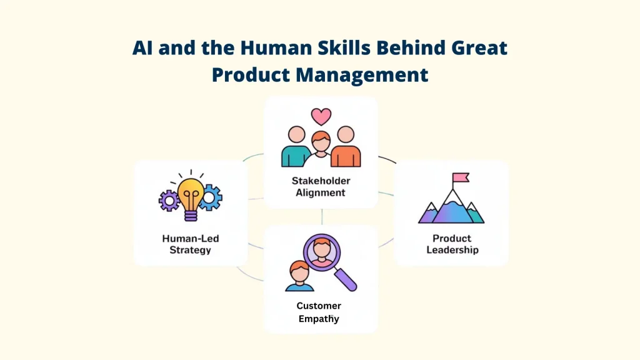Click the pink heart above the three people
point(321,116)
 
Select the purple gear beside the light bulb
point(169,201)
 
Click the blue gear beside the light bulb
point(211,197)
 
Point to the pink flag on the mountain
point(461,178)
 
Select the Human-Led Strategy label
point(190,244)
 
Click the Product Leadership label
point(452,244)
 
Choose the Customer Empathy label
point(319,312)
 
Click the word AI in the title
point(142,49)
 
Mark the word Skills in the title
point(333,49)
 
